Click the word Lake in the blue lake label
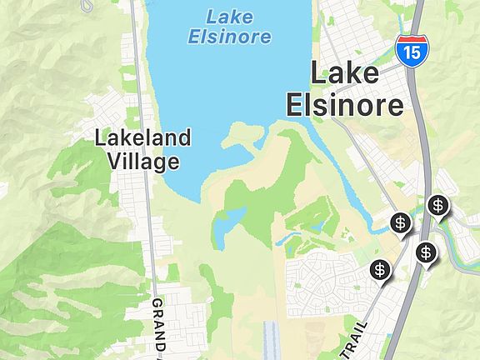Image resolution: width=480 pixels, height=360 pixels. click(229, 16)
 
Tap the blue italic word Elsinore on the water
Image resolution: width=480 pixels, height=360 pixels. click(229, 36)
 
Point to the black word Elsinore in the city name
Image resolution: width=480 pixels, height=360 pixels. click(343, 104)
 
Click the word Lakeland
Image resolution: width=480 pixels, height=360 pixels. click(142, 137)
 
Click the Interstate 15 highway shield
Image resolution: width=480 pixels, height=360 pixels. click(409, 52)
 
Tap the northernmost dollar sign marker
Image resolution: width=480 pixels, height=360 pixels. click(437, 204)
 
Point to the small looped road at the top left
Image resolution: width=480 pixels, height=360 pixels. click(87, 5)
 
